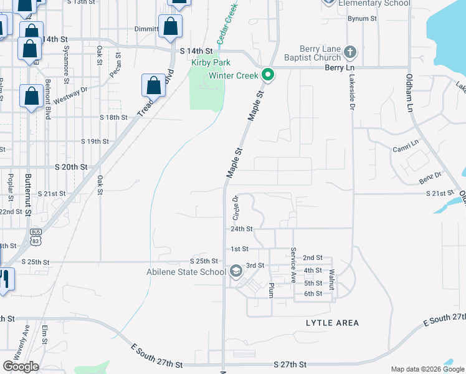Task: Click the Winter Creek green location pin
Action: (269, 76)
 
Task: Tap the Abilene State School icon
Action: (236, 271)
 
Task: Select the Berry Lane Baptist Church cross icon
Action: (350, 52)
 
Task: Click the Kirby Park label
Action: (211, 62)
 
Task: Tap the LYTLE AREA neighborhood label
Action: (333, 323)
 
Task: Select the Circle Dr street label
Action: (235, 209)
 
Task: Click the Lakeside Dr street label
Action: (351, 93)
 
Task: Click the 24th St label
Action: (241, 229)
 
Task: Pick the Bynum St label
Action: (363, 19)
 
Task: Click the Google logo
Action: (21, 367)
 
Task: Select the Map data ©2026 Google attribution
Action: (426, 369)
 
